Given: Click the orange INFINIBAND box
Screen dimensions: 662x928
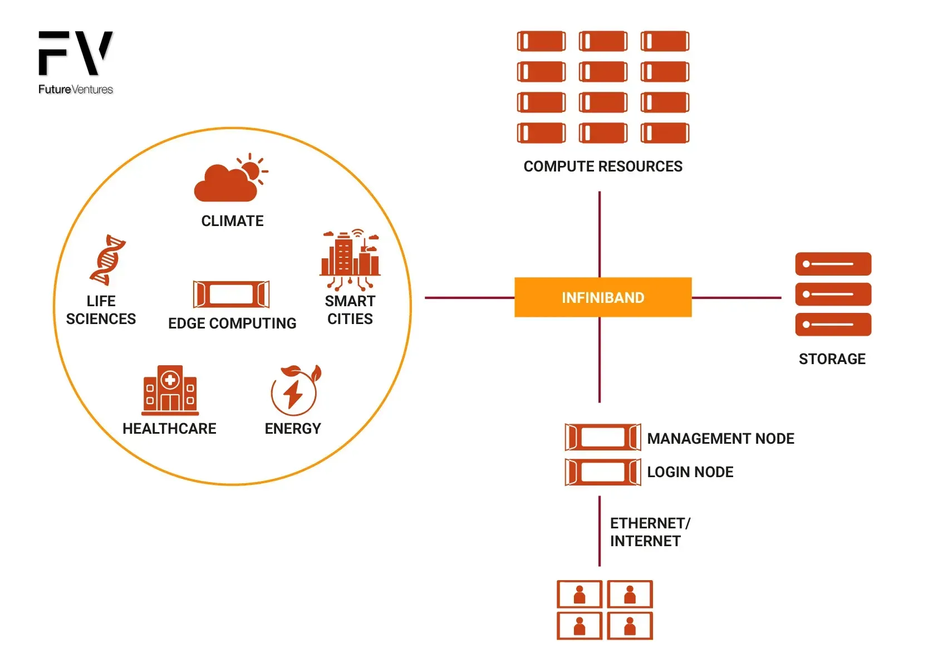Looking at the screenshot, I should coord(602,297).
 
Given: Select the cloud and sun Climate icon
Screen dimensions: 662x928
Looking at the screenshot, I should coord(230,178).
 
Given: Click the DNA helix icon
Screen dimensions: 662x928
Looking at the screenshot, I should coord(108,260).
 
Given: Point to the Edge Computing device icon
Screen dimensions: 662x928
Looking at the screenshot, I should coord(231,294).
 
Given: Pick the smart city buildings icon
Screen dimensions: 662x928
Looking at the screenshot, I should coord(350,259).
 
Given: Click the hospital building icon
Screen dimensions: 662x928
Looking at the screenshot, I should coord(170,390).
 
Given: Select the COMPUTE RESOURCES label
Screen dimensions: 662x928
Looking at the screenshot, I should coord(602,166).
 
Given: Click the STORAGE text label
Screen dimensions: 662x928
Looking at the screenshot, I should coord(832,359).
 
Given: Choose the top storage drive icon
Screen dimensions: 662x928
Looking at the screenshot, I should coord(833,264).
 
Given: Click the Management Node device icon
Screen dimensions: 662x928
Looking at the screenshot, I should coord(602,437).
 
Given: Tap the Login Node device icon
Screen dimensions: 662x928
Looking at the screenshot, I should coord(602,472).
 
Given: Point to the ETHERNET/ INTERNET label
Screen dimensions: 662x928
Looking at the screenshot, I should coord(649,532).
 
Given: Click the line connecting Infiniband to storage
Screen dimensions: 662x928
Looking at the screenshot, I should coord(736,298).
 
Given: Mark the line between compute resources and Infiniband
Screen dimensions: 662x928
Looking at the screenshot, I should coord(600,234).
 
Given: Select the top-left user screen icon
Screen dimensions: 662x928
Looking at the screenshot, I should coord(580,594).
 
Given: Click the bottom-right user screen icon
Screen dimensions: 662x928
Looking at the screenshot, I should coord(630,626).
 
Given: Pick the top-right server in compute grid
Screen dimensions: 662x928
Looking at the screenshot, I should coord(665,41).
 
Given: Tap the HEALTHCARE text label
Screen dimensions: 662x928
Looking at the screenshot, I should coord(169,429).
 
